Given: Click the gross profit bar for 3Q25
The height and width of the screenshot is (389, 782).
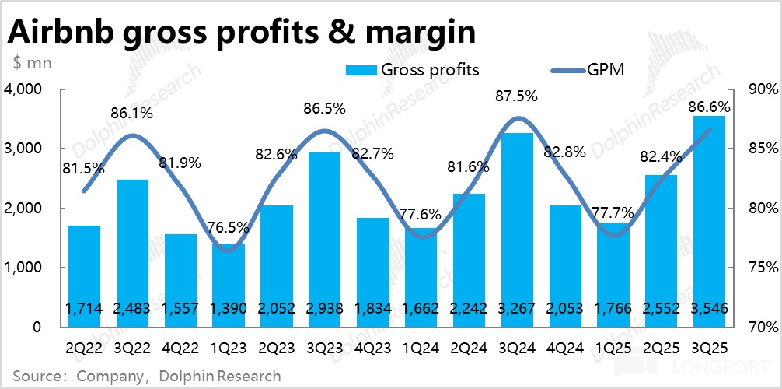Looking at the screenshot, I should point(708,222).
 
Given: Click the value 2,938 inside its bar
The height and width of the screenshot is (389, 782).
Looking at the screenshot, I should point(325,309).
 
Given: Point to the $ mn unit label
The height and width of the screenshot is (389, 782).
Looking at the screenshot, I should point(32,62).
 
